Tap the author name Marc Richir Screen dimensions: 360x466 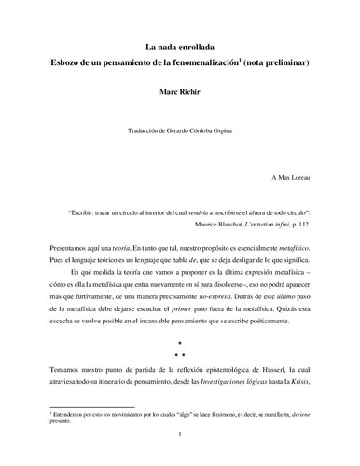pyautogui.click(x=179, y=93)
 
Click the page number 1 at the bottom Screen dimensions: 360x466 pyautogui.click(x=179, y=457)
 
